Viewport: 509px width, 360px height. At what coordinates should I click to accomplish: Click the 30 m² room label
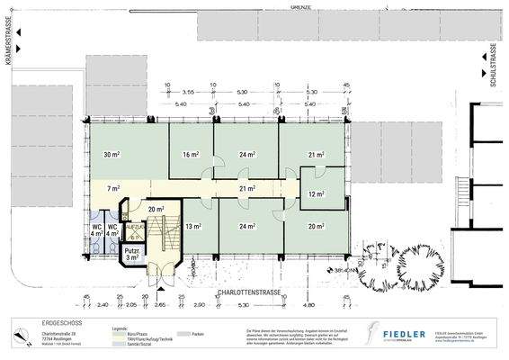click(112, 156)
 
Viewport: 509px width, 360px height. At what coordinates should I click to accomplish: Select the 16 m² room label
click(190, 156)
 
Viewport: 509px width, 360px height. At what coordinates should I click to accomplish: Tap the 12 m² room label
click(317, 194)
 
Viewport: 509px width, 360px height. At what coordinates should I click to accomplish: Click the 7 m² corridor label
click(113, 189)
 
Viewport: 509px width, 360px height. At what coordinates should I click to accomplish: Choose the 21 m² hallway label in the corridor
click(247, 189)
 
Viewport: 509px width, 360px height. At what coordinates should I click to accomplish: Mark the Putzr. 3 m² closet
click(132, 255)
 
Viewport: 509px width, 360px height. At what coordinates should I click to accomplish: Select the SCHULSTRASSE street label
click(493, 67)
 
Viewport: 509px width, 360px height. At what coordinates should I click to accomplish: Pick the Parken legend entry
click(197, 332)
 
